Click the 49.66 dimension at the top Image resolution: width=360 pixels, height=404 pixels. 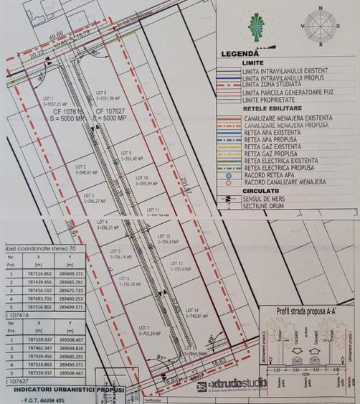55,34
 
